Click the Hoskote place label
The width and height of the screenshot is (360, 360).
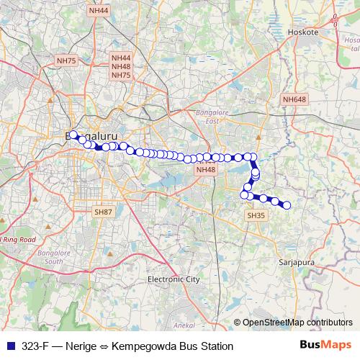point(297,32)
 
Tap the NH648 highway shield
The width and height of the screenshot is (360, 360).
point(294,100)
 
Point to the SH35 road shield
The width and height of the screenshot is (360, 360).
point(256,215)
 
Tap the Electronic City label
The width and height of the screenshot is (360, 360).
point(173,279)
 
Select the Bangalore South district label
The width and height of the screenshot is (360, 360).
point(54,259)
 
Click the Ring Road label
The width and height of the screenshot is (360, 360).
point(17,238)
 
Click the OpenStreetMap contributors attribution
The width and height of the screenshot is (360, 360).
point(297,323)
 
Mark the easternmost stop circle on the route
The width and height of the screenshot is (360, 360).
point(287,205)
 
